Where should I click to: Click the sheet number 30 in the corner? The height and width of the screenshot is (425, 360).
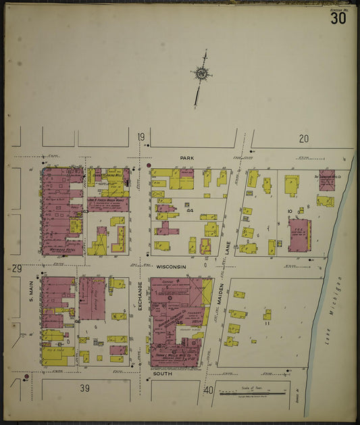coord(338,18)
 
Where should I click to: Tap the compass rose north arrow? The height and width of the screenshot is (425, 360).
coord(201,74)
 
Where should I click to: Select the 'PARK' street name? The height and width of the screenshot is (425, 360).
coord(186,157)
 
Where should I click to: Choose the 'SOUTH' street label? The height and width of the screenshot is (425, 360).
coord(163,373)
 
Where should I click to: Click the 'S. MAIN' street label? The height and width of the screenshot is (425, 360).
coord(30,293)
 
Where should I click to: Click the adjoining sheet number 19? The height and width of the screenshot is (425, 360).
coord(141,138)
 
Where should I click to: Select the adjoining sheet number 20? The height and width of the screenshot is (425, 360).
coord(304,139)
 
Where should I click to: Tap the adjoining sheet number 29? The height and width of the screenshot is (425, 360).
coord(16,269)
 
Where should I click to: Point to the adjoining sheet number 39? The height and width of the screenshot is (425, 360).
coord(84,389)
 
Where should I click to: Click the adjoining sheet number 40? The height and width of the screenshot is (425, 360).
coord(209,390)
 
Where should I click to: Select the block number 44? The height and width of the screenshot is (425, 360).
coord(190,211)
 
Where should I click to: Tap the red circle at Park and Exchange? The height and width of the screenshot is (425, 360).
coord(149,164)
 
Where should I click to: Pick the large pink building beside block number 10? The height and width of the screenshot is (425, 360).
coord(299,235)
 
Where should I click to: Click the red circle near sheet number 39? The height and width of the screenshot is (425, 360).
coord(26,376)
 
